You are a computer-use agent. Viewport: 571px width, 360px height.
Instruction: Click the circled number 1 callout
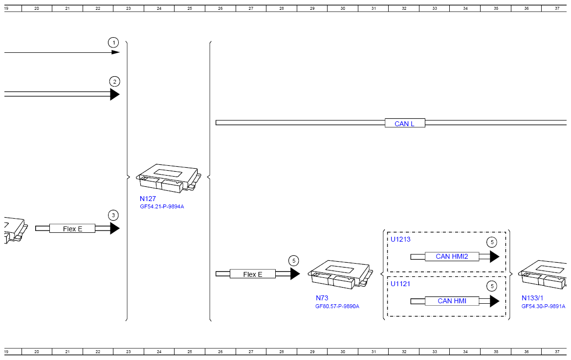(113, 43)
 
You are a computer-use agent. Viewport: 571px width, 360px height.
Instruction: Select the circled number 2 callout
(115, 82)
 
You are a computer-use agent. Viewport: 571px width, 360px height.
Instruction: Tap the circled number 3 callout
(113, 215)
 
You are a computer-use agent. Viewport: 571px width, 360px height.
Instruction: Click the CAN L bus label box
(405, 124)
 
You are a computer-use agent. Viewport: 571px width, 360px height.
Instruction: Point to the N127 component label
(148, 199)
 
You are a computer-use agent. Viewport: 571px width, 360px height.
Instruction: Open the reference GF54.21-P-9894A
(162, 206)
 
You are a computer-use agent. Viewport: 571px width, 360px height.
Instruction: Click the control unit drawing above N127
(168, 178)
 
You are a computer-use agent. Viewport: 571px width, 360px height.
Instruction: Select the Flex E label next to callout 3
(72, 228)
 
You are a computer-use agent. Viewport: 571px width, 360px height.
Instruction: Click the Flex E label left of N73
(253, 274)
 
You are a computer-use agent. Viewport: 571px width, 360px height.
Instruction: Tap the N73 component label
(322, 298)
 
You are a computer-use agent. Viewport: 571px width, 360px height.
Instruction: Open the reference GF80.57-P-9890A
(337, 306)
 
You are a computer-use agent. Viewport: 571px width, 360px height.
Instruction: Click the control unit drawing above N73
(340, 274)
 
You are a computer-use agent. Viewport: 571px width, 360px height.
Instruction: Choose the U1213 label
(400, 239)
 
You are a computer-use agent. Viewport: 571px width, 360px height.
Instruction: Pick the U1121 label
(400, 284)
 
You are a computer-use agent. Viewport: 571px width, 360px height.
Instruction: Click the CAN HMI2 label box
(452, 256)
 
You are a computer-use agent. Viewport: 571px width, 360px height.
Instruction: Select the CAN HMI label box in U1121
(452, 301)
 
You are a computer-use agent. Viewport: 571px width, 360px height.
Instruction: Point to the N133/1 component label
(532, 298)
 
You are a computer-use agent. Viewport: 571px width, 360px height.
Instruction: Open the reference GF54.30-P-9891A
(543, 306)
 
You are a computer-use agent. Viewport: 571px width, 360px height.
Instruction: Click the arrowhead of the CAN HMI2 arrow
(495, 256)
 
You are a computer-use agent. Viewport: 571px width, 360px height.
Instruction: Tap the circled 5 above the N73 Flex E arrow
(294, 261)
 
